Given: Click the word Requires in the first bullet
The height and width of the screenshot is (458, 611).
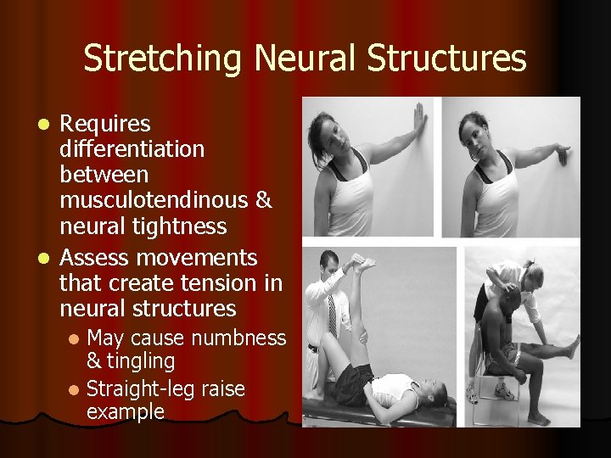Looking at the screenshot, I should click(x=107, y=125).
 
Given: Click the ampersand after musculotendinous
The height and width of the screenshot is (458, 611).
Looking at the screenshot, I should click(x=264, y=201).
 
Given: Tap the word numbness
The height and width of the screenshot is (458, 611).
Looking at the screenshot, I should click(x=240, y=338).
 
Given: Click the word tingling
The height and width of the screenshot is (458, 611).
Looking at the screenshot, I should click(x=141, y=361).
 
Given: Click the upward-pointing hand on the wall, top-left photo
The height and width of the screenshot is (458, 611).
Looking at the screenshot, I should click(x=419, y=119).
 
